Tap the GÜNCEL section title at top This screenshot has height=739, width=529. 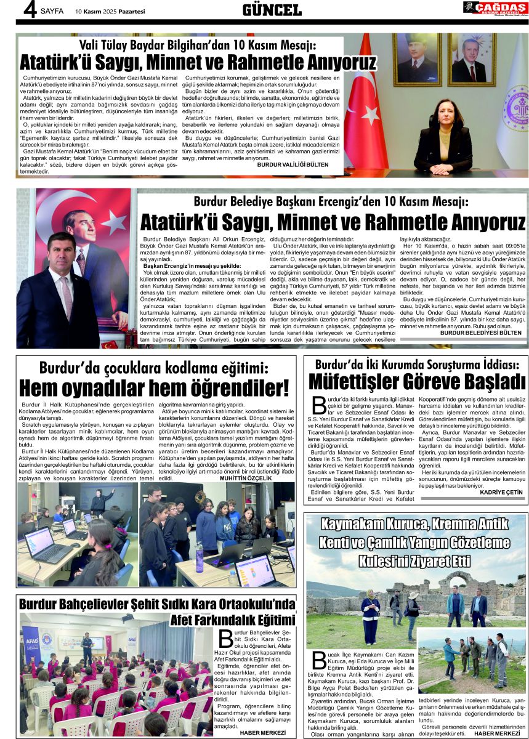click(x=272, y=10)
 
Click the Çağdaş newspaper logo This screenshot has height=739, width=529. click(x=495, y=9)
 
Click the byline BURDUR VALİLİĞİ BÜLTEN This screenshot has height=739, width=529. click(x=293, y=166)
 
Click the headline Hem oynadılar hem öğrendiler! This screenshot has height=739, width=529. click(x=154, y=388)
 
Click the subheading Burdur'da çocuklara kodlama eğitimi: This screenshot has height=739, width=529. click(x=154, y=368)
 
